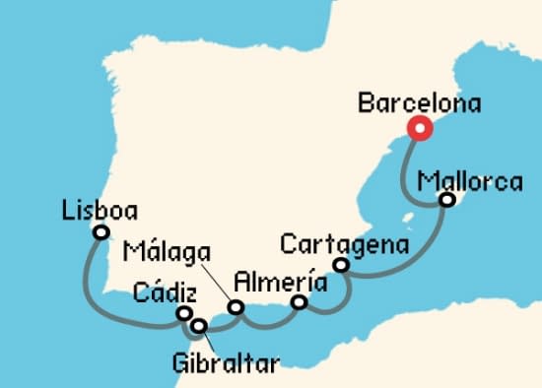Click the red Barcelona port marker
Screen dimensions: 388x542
click(421, 128)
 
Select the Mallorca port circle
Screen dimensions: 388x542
click(446, 200)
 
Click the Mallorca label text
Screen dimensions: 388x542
click(469, 181)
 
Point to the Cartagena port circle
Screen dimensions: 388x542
click(341, 265)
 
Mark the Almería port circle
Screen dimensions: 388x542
click(300, 303)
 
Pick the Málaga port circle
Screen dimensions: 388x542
click(236, 308)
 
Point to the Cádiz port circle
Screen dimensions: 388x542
click(183, 313)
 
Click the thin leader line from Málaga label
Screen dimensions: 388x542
click(216, 282)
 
